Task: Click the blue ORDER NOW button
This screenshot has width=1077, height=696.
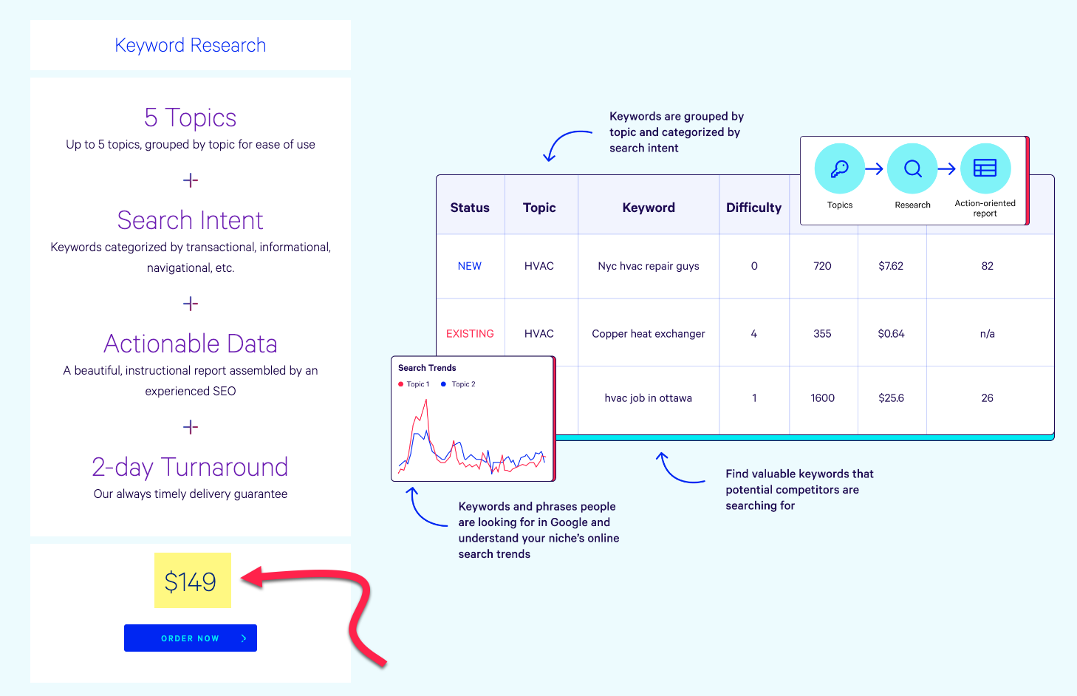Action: pyautogui.click(x=191, y=638)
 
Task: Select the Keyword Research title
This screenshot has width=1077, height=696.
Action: pyautogui.click(x=191, y=45)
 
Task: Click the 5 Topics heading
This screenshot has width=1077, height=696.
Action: pyautogui.click(x=191, y=117)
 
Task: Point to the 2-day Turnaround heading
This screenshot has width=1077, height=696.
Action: pyautogui.click(x=191, y=467)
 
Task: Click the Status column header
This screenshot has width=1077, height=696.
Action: pyautogui.click(x=470, y=208)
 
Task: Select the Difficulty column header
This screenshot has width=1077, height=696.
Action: pyautogui.click(x=753, y=208)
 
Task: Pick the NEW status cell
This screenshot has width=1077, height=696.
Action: pyautogui.click(x=469, y=266)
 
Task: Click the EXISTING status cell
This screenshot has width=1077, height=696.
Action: pyautogui.click(x=470, y=334)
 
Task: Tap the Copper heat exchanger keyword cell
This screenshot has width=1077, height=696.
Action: pyautogui.click(x=648, y=334)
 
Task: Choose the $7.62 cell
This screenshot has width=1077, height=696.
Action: pyautogui.click(x=891, y=266)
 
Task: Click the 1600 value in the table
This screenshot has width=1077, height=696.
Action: pyautogui.click(x=822, y=398)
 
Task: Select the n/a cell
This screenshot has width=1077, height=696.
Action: pyautogui.click(x=987, y=334)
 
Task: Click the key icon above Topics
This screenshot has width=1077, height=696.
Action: pyautogui.click(x=839, y=169)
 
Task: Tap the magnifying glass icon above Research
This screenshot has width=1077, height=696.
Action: pyautogui.click(x=912, y=169)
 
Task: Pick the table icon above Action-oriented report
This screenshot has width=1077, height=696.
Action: pyautogui.click(x=985, y=168)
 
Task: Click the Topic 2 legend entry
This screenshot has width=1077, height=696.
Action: pyautogui.click(x=458, y=383)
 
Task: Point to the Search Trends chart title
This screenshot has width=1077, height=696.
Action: pyautogui.click(x=427, y=368)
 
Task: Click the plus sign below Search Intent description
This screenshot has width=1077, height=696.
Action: pyautogui.click(x=191, y=304)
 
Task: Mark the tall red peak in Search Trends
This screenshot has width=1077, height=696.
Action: pyautogui.click(x=425, y=401)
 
